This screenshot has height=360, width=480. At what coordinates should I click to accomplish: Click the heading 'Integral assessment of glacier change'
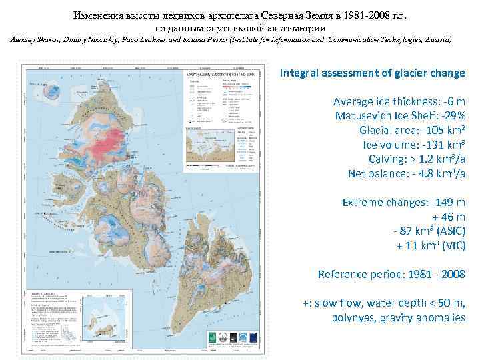372,73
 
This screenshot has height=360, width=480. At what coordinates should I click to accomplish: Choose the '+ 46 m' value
449,217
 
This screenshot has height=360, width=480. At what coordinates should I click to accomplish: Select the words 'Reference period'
355,274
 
